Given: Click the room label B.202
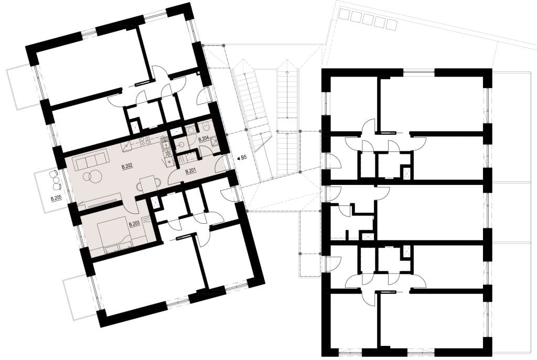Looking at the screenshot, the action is [127, 167].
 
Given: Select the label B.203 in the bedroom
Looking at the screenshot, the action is [134, 224].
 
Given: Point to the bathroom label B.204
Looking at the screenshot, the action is [204, 139].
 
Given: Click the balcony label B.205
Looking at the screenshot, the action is [56, 198].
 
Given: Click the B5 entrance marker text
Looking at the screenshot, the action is [244, 158].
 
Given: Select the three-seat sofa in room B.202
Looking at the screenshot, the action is [92, 160].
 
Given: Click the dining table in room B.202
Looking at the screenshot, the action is [148, 183].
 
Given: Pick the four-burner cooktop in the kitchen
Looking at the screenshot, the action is [145, 140].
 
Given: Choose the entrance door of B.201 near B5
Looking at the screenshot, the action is [221, 163].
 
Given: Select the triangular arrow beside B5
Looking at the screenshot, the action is [238, 158].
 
